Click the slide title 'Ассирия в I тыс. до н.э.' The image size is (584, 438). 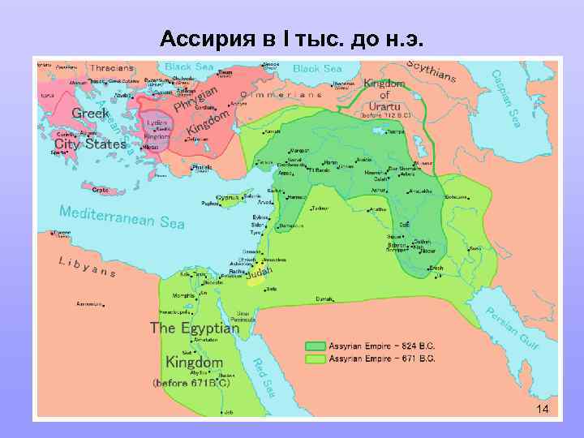(291, 38)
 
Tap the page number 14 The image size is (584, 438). (542, 409)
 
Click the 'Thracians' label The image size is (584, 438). (113, 68)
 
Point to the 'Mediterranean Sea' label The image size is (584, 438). (122, 217)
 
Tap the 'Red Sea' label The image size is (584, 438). (264, 376)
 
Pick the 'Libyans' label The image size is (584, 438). (88, 267)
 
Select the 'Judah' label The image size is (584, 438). (260, 275)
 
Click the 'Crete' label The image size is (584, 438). (101, 190)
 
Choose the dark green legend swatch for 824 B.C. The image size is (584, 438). (315, 344)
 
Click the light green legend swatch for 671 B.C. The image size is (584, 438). (315, 357)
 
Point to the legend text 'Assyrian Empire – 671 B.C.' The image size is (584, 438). (381, 357)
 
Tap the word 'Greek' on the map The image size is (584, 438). (91, 114)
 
